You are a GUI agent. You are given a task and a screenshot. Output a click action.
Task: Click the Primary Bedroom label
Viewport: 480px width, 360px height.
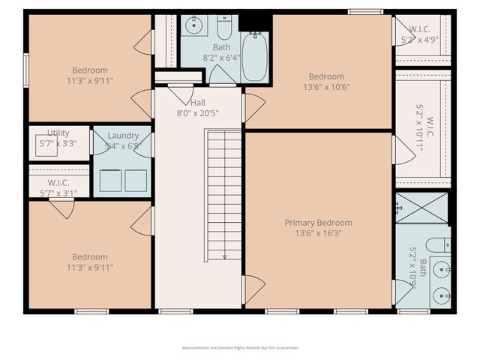[x=318, y=223]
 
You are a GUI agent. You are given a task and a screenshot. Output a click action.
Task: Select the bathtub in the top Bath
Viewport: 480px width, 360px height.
[x=254, y=57]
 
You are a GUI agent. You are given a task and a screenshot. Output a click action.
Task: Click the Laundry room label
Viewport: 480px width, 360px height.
[x=123, y=136]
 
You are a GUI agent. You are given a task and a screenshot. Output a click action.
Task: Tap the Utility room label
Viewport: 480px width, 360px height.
[x=58, y=133]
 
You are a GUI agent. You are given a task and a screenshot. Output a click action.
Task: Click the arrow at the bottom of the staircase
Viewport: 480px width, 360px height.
[x=224, y=256]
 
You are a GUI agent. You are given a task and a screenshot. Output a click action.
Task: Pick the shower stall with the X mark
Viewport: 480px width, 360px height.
[x=421, y=208]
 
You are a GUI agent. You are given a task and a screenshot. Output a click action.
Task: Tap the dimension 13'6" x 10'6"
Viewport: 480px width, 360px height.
[x=326, y=87]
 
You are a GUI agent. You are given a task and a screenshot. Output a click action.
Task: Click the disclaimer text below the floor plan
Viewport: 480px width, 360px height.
[x=240, y=348]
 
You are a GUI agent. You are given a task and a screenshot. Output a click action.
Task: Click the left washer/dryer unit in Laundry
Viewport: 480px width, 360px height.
[x=109, y=181]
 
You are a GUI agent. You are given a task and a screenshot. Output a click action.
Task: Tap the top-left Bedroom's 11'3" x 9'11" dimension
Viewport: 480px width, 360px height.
[x=89, y=81]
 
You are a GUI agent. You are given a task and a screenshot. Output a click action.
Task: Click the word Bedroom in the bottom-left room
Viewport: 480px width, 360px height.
[x=89, y=256]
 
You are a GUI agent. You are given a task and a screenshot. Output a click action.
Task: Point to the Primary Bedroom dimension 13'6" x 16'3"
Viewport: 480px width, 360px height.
[x=318, y=233]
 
